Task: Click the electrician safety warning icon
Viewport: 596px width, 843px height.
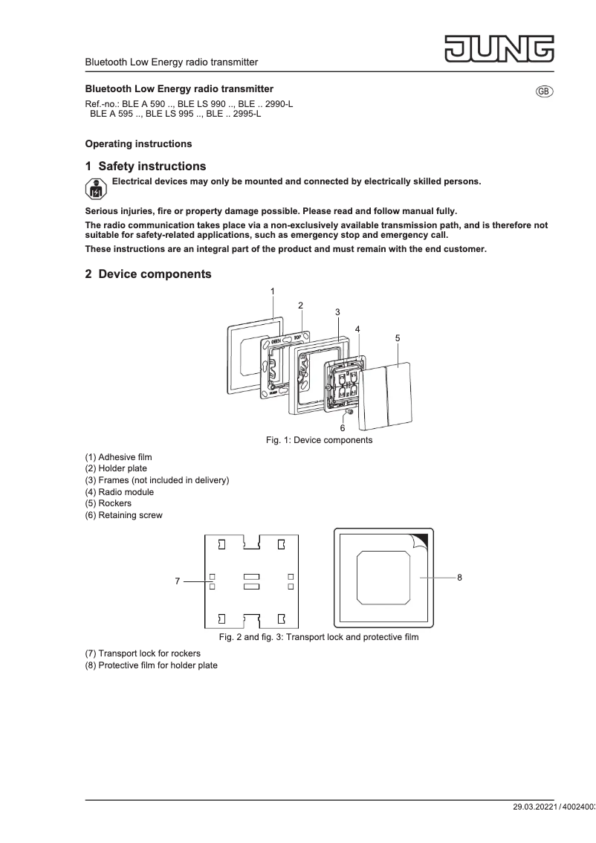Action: click(96, 189)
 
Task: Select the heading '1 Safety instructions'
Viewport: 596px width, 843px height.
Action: click(146, 166)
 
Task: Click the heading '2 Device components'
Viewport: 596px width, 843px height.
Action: click(148, 274)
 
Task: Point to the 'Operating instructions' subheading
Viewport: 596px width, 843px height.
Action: click(138, 143)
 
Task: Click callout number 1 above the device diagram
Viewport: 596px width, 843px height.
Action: click(273, 291)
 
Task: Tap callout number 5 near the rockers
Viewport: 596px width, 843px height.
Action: click(398, 337)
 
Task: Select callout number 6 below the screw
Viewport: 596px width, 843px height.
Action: click(343, 428)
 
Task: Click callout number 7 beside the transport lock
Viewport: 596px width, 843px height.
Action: click(178, 581)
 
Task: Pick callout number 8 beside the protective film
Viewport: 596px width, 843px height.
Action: click(460, 577)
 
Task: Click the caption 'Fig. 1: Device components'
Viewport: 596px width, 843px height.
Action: click(319, 440)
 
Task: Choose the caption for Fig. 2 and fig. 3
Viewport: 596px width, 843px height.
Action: click(318, 637)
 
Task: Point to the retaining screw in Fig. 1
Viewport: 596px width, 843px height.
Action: click(348, 410)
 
